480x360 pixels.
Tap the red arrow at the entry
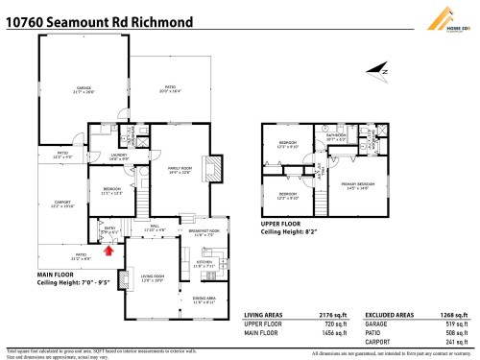(x=109, y=251)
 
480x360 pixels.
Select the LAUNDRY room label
(x=119, y=157)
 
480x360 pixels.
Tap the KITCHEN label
(x=204, y=262)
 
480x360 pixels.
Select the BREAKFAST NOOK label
(x=204, y=232)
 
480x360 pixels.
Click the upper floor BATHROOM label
(x=336, y=136)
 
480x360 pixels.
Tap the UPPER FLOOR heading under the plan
(x=284, y=224)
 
